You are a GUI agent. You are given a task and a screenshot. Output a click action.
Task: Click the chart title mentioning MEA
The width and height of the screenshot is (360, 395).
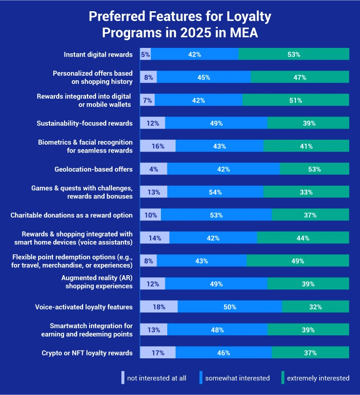(180, 25)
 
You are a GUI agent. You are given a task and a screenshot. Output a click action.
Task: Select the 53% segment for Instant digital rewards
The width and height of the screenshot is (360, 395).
(294, 54)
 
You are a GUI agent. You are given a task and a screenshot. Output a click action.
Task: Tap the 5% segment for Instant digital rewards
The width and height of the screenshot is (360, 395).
(145, 54)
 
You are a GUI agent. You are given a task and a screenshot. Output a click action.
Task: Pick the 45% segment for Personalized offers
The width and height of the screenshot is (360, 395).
(204, 77)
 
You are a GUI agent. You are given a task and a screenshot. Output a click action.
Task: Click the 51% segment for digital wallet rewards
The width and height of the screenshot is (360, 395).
(295, 100)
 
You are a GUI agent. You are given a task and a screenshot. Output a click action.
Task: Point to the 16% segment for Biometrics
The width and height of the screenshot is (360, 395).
(157, 146)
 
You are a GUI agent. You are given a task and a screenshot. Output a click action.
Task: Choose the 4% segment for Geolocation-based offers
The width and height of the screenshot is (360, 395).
(154, 169)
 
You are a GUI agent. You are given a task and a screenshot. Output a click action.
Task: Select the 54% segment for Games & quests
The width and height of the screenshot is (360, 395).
(215, 192)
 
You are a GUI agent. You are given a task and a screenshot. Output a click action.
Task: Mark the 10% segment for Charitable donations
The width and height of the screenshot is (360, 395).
(151, 215)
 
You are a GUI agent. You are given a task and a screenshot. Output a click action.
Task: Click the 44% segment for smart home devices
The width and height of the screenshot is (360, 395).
(303, 238)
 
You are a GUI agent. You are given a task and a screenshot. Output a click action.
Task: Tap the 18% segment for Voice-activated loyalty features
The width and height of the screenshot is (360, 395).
(159, 307)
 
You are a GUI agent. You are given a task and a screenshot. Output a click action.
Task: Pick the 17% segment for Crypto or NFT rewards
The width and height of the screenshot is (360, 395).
(157, 353)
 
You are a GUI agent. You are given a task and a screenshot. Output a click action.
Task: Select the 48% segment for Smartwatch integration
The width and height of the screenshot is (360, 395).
(217, 330)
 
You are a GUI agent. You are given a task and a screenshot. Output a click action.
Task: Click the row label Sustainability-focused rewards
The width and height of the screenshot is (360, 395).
(85, 123)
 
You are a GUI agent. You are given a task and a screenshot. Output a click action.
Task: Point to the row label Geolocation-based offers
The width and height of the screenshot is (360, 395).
(93, 169)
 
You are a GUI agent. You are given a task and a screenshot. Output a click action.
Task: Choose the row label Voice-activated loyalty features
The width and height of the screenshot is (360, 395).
(84, 307)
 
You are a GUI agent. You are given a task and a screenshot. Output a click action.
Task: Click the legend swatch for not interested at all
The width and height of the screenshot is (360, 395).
(123, 377)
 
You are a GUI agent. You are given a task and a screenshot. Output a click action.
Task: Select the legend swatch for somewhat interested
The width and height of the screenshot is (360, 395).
(201, 377)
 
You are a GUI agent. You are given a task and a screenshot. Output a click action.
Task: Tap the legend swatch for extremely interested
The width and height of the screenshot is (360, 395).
(283, 377)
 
